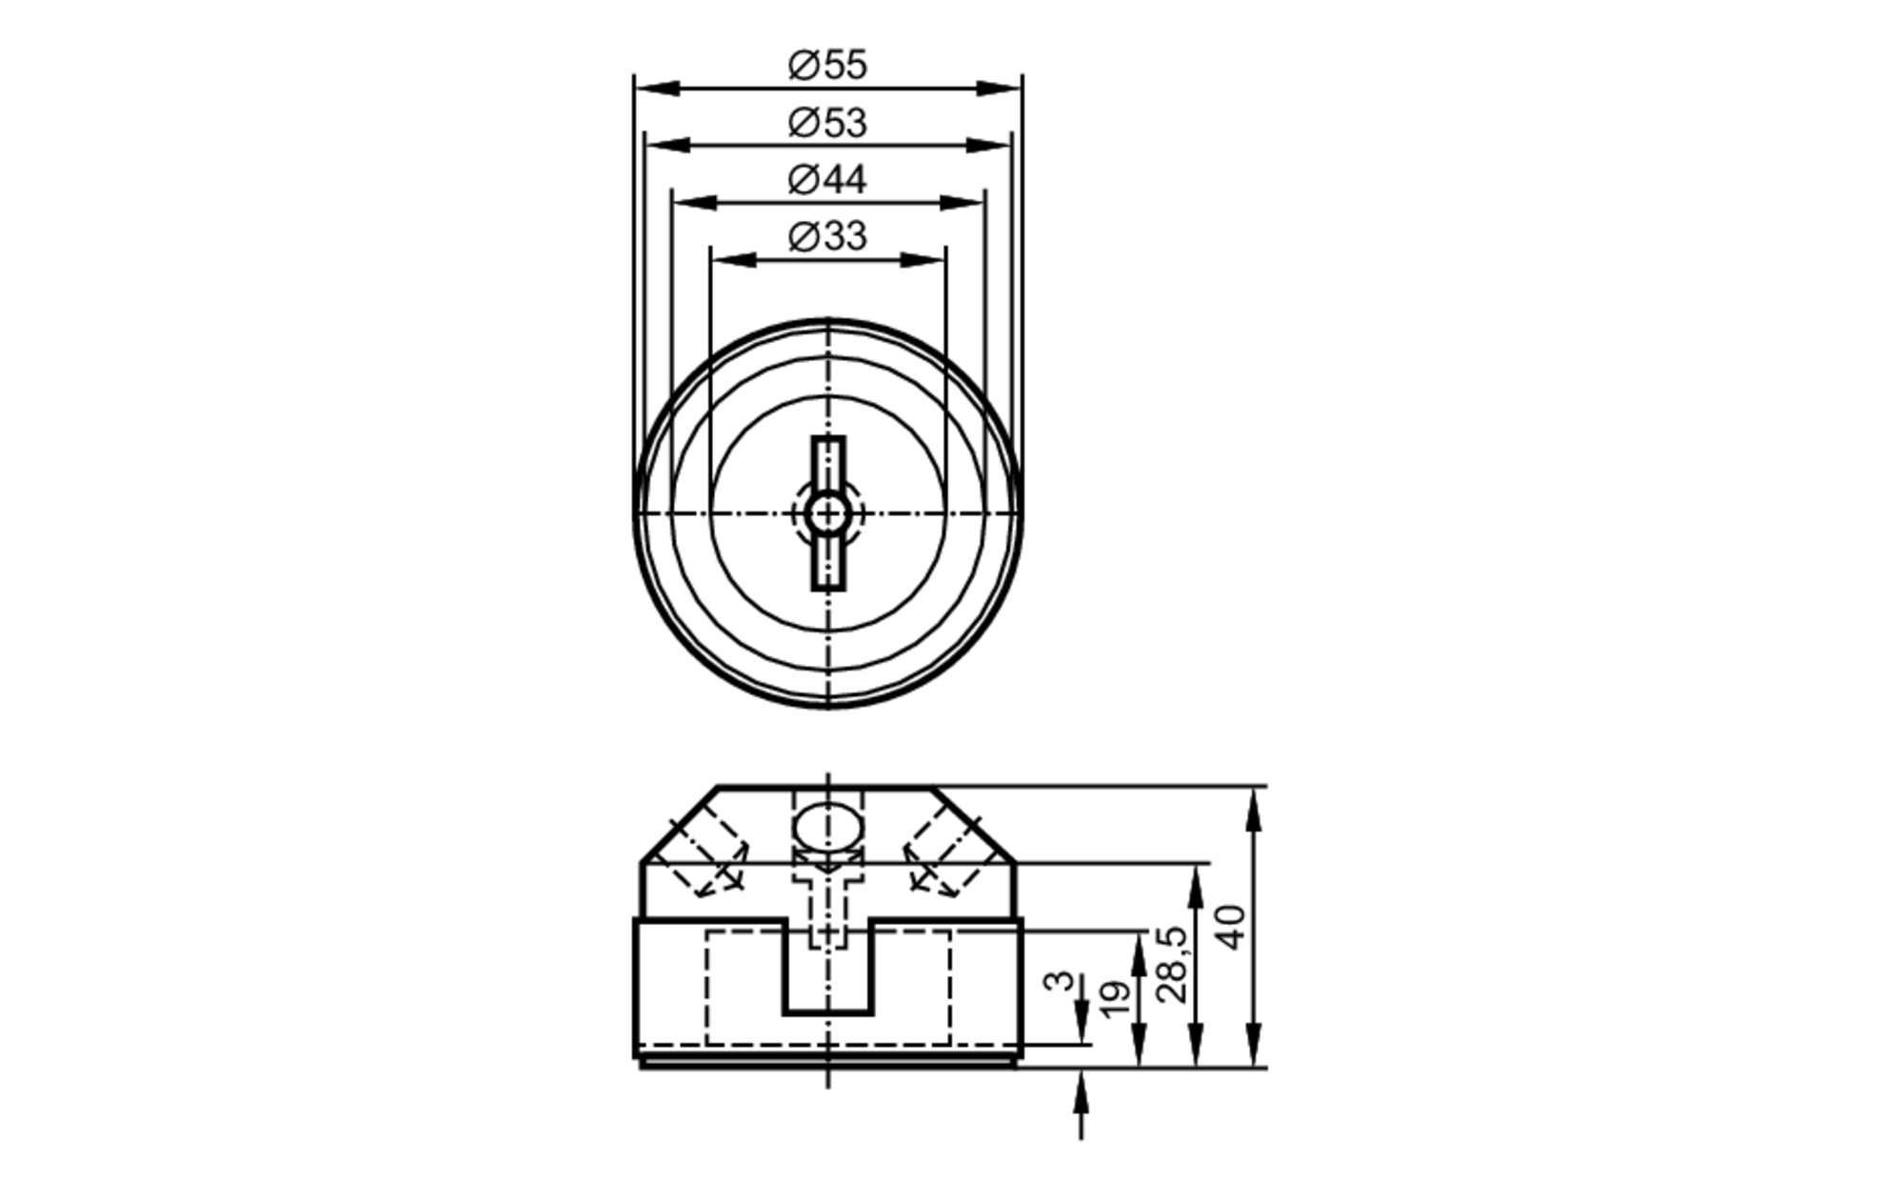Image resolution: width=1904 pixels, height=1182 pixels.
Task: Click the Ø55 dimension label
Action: pyautogui.click(x=827, y=65)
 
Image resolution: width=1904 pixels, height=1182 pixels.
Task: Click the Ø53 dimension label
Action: pyautogui.click(x=827, y=123)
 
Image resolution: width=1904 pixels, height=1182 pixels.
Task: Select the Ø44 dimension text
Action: pyautogui.click(x=827, y=179)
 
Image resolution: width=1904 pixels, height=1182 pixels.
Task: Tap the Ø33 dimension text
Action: pyautogui.click(x=827, y=236)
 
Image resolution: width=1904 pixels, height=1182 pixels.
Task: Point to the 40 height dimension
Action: pyautogui.click(x=1232, y=927)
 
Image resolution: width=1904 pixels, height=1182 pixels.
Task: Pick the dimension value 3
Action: pyautogui.click(x=1059, y=981)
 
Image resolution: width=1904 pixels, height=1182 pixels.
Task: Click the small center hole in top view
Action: pyautogui.click(x=827, y=513)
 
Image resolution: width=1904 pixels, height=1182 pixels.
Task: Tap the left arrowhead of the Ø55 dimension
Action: pyautogui.click(x=657, y=89)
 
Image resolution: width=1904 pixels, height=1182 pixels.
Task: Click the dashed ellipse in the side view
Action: pyautogui.click(x=827, y=826)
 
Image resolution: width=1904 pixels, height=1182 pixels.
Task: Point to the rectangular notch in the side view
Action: pyautogui.click(x=827, y=972)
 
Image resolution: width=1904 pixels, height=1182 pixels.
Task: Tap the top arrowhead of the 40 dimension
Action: pyautogui.click(x=1254, y=810)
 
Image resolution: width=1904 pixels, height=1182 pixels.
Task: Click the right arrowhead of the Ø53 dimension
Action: pyautogui.click(x=988, y=146)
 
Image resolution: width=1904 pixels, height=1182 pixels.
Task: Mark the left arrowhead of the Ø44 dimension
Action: pyautogui.click(x=694, y=203)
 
